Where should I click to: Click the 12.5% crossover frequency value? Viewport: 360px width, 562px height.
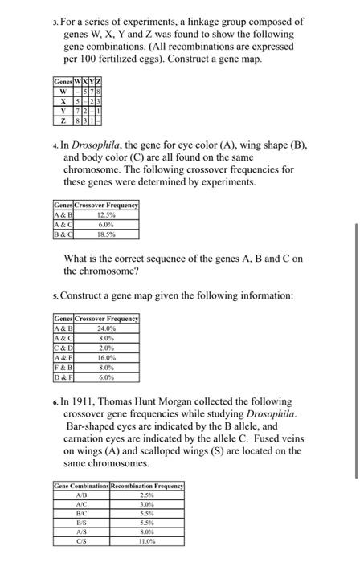(106, 214)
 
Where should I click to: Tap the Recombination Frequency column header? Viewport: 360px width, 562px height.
(153, 487)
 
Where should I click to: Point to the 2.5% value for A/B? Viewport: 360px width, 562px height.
(153, 495)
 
